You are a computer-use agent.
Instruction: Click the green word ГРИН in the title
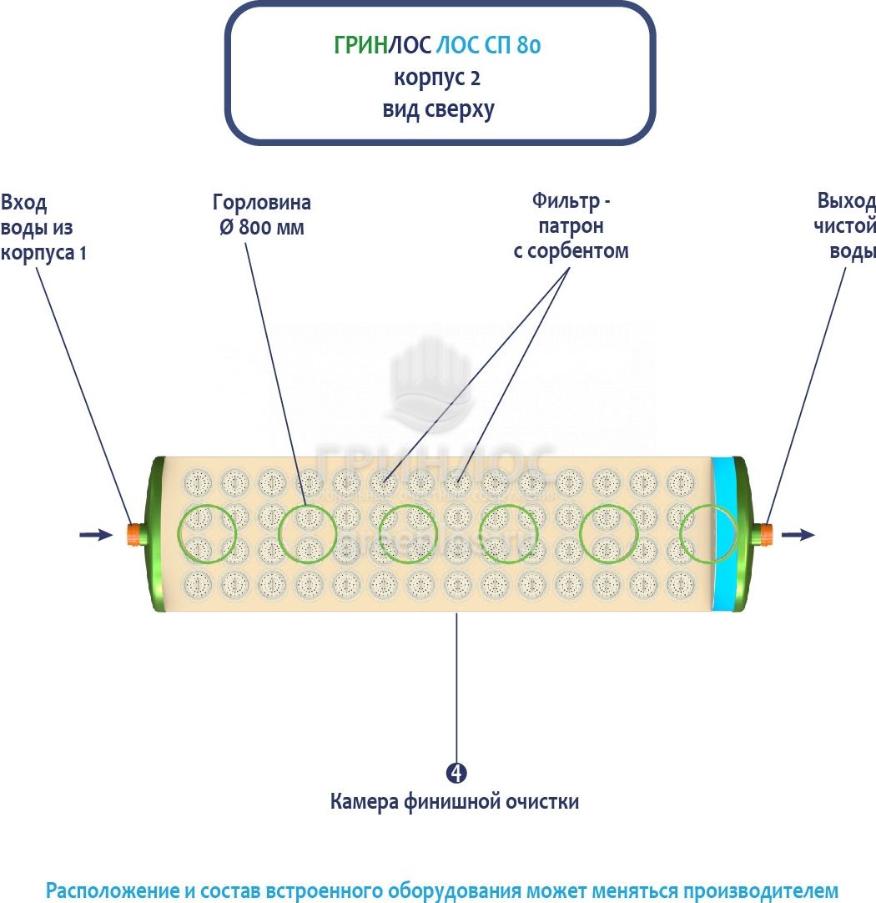360,46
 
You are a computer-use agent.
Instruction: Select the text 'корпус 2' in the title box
437,78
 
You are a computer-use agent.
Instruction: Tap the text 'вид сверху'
438,109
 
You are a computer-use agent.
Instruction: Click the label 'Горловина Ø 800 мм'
262,214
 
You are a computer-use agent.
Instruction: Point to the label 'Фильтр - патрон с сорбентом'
571,225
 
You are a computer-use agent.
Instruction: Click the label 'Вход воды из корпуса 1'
43,227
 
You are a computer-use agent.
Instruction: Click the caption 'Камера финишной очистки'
455,802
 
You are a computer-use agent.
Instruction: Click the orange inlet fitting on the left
133,534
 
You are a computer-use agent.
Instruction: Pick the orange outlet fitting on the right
763,534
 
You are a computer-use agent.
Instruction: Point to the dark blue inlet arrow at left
95,534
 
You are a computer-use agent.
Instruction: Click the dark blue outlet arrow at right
798,534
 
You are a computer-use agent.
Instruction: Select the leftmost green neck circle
206,534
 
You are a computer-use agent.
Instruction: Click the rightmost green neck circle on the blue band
709,534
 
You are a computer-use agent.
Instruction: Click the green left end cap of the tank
154,534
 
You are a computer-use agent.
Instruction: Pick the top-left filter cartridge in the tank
199,482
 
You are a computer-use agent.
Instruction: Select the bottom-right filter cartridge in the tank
682,582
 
